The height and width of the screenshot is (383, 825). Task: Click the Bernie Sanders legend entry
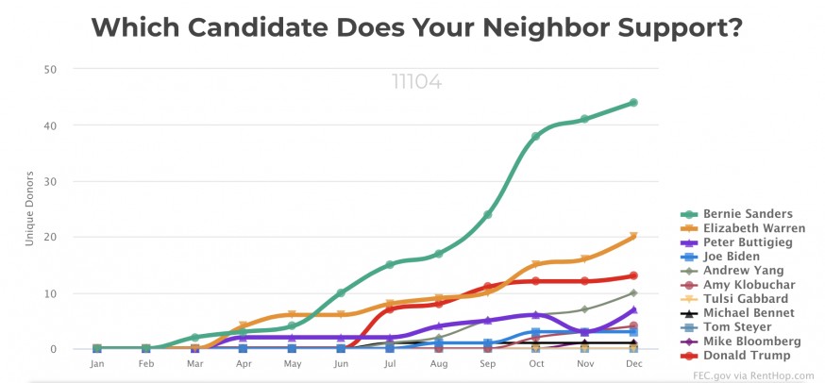tap(747, 213)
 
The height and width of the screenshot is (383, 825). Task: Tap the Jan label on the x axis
tap(96, 362)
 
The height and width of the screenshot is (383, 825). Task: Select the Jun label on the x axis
tap(341, 362)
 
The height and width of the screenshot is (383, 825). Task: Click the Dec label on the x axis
tap(633, 362)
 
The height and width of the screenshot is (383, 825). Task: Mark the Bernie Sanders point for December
tap(633, 103)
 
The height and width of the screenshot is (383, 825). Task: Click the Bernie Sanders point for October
tap(536, 137)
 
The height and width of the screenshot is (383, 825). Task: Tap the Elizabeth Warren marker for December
tap(633, 237)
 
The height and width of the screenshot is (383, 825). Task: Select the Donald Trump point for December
tap(633, 276)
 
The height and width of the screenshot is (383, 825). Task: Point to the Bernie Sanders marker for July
tap(389, 265)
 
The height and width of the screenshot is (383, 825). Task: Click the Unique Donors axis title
tap(30, 208)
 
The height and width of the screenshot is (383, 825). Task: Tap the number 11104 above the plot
tap(416, 81)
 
